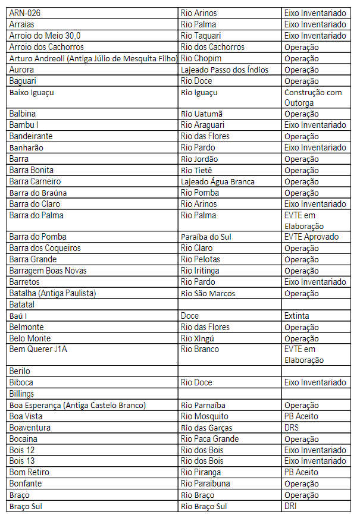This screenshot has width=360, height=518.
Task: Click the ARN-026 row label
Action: (x=25, y=13)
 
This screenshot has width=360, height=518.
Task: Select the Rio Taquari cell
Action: (x=199, y=36)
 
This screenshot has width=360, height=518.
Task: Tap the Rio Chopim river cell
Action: (x=201, y=58)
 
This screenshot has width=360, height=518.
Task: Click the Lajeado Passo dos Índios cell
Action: (x=224, y=70)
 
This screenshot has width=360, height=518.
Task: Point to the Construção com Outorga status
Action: (x=313, y=98)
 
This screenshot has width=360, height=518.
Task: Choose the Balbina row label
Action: (x=23, y=114)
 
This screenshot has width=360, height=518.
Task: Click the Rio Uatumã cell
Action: (x=201, y=114)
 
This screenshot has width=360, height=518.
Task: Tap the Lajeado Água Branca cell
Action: (x=217, y=181)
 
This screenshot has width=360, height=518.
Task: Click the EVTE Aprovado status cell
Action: (x=311, y=237)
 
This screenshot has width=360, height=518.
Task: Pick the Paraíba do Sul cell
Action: (x=206, y=237)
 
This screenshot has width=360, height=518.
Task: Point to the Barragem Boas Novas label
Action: (x=48, y=271)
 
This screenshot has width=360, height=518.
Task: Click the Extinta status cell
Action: (x=296, y=316)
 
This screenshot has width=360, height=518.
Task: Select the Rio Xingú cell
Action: (x=198, y=338)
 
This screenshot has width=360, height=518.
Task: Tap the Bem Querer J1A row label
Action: (x=38, y=349)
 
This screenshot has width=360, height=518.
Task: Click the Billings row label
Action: (x=21, y=394)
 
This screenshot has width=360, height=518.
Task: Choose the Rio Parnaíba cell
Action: (x=203, y=405)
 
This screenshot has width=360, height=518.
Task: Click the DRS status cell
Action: (x=292, y=428)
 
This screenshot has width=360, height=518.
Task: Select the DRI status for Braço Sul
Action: (x=290, y=506)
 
